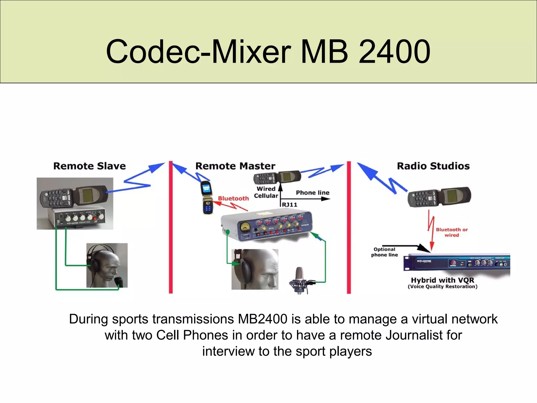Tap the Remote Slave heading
[89, 166]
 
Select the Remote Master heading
[235, 166]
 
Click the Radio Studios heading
[433, 166]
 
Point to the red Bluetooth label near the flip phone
[233, 199]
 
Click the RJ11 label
[289, 205]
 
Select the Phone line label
[313, 193]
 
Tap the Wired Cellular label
[266, 192]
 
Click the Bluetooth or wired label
[452, 232]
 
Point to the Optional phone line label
[384, 252]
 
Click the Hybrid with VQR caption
[442, 280]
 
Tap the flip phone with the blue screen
[207, 197]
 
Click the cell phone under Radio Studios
[439, 197]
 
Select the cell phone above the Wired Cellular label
[277, 178]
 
